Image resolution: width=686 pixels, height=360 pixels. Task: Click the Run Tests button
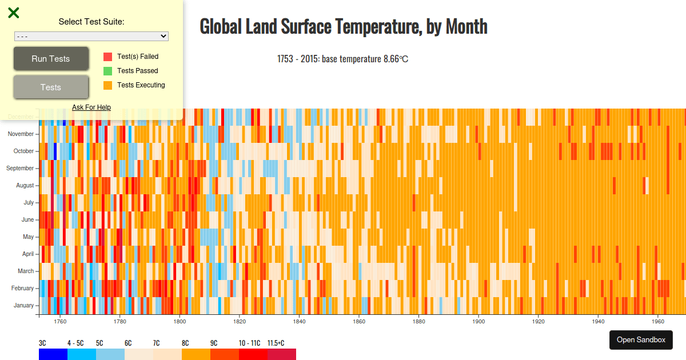51,59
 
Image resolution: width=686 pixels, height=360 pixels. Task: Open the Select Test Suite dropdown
91,36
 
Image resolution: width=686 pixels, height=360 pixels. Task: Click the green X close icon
14,13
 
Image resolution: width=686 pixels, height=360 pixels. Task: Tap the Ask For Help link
91,107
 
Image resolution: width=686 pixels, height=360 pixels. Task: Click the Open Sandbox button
641,339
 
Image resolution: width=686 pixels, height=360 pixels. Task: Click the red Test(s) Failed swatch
107,57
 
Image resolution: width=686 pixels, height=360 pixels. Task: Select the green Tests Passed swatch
107,71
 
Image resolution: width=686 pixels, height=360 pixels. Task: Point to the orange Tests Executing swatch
107,85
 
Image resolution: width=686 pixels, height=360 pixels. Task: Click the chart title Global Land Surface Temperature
344,26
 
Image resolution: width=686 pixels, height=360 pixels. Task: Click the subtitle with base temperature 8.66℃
342,59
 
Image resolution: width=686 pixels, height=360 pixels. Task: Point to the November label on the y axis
21,134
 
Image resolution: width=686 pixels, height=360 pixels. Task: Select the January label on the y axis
23,306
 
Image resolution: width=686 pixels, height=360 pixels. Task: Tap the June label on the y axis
27,220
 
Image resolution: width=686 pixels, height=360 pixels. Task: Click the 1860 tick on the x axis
358,321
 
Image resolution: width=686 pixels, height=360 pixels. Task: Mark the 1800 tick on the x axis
179,321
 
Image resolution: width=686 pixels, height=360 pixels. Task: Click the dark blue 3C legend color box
53,354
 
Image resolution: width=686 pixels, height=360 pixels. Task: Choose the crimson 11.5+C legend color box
282,354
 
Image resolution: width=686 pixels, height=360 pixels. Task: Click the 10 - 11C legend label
249,343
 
